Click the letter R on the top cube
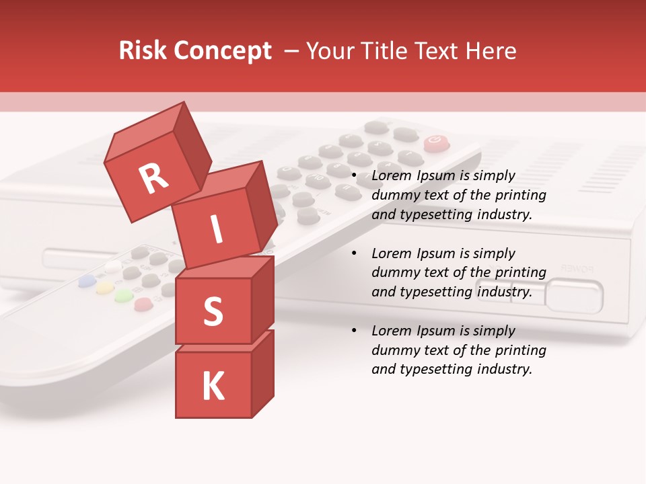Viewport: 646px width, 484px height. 154,179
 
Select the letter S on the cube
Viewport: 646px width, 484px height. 213,311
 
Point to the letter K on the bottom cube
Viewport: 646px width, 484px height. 213,387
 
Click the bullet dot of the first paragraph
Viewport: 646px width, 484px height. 355,176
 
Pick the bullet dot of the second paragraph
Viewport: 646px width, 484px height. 355,254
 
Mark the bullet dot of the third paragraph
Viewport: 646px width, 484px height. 355,331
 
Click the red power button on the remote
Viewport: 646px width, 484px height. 436,143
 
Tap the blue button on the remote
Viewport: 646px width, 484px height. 86,280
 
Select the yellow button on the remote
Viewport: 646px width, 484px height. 104,288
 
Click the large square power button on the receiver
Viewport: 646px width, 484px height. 574,296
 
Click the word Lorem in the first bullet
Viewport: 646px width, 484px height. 392,176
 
